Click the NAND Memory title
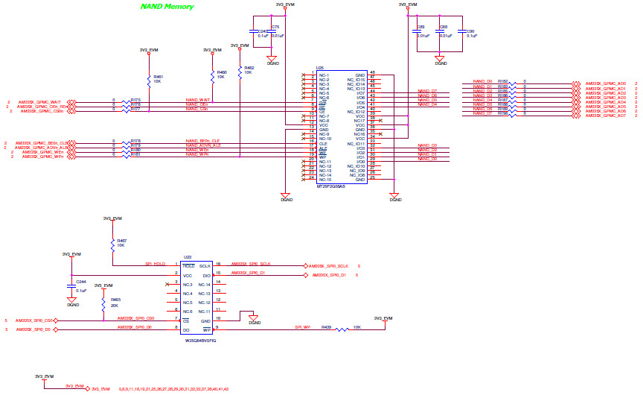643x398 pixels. pyautogui.click(x=167, y=7)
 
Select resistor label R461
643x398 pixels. pyautogui.click(x=159, y=77)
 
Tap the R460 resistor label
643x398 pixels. pyautogui.click(x=221, y=72)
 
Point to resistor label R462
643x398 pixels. pyautogui.click(x=249, y=68)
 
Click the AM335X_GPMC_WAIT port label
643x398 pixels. pyautogui.click(x=40, y=101)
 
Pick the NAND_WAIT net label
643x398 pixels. pyautogui.click(x=198, y=99)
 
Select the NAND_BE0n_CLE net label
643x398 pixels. pyautogui.click(x=202, y=141)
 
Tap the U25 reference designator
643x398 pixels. pyautogui.click(x=319, y=66)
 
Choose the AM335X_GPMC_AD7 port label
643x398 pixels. pyautogui.click(x=606, y=116)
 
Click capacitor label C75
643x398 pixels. pyautogui.click(x=275, y=26)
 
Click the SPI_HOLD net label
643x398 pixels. pyautogui.click(x=155, y=264)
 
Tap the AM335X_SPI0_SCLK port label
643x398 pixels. pyautogui.click(x=328, y=266)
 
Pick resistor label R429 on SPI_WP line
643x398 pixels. pyautogui.click(x=326, y=326)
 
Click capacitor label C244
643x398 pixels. pyautogui.click(x=81, y=282)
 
